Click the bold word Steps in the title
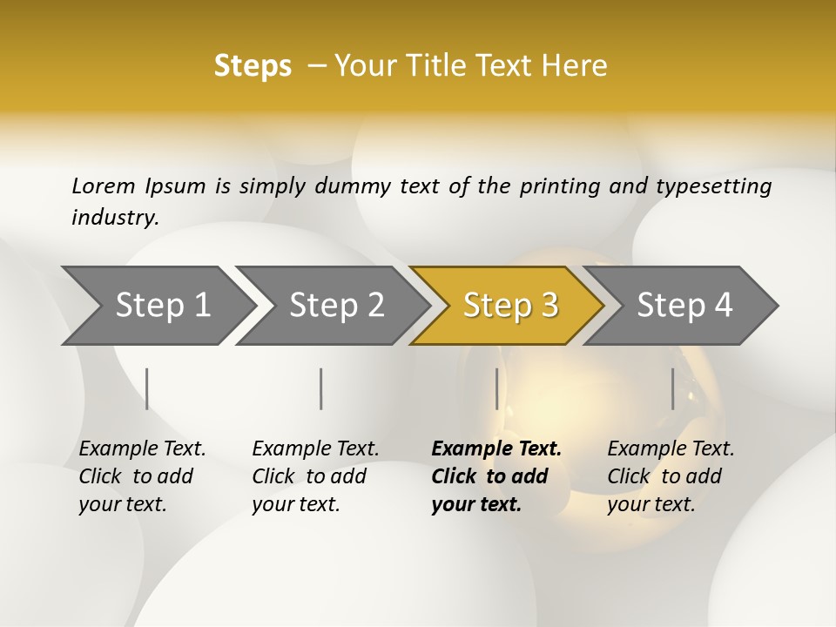[253, 66]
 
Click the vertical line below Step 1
[147, 388]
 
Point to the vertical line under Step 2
[321, 388]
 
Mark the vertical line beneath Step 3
[496, 388]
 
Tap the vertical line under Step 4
[672, 388]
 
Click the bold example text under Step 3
[496, 476]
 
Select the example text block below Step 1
[142, 476]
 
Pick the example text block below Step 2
[315, 476]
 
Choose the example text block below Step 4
[671, 476]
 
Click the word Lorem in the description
[104, 185]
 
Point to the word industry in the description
[115, 218]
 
